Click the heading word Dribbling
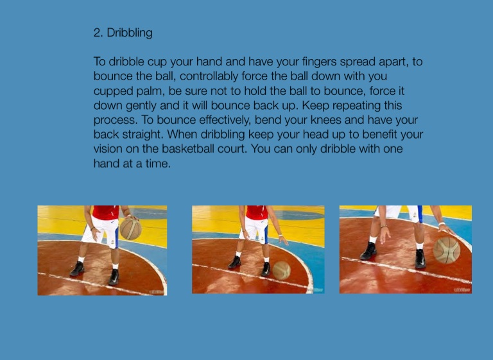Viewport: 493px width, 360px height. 130,33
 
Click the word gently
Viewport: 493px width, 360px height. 141,106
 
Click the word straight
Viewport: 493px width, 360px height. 143,135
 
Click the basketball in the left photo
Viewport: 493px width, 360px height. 130,229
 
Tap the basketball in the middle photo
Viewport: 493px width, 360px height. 281,270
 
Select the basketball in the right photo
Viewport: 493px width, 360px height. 447,250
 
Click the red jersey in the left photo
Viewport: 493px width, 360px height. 106,212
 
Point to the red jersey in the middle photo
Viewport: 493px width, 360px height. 257,212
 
